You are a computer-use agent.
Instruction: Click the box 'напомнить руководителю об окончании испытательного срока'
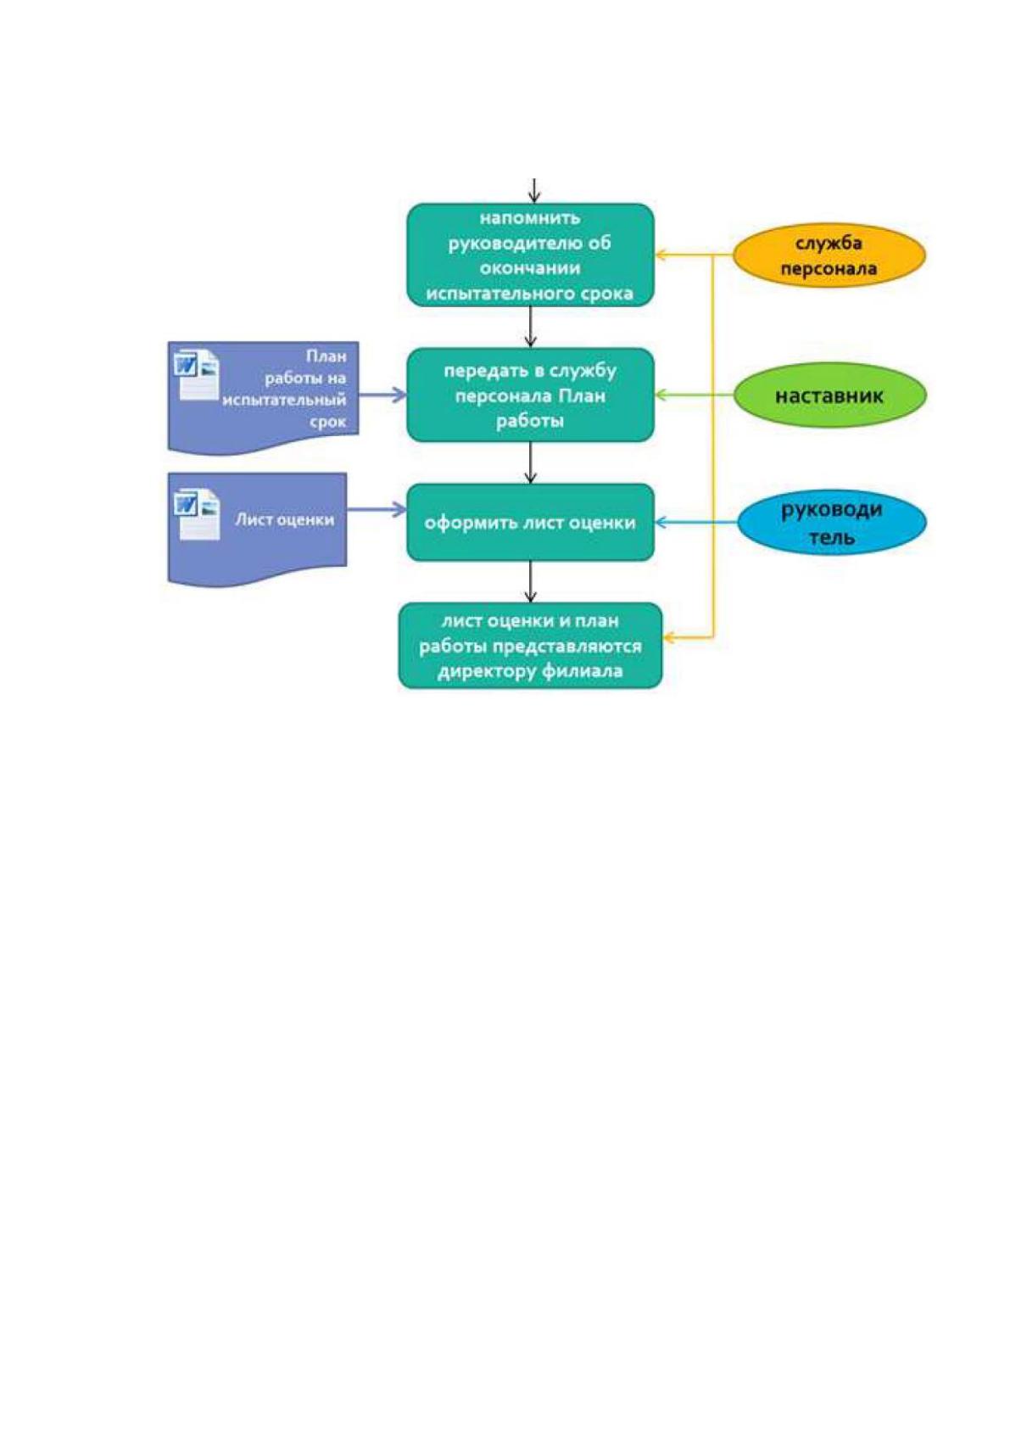point(530,255)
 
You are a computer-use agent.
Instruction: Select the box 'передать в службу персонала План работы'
point(530,395)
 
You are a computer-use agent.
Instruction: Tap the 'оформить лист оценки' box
point(530,523)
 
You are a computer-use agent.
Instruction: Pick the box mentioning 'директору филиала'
point(530,646)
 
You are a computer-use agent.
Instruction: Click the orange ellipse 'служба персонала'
point(829,255)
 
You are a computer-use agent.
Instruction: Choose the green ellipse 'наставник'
point(829,395)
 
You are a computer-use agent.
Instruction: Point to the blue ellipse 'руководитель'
point(831,523)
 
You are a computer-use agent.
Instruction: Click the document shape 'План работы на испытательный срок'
point(263,397)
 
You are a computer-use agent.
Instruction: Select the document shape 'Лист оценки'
point(257,527)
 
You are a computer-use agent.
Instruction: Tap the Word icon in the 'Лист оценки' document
point(197,513)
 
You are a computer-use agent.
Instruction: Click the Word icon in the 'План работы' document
point(197,374)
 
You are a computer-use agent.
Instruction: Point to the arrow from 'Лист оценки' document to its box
point(377,510)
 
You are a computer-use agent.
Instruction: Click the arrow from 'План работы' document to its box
point(382,395)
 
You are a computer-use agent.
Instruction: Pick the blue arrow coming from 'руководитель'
point(696,523)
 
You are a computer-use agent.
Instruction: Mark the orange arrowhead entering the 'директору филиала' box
point(668,636)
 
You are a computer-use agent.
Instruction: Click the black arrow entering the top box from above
point(534,191)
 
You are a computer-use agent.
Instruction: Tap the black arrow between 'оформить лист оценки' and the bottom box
point(530,582)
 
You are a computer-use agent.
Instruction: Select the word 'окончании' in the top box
point(530,268)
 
